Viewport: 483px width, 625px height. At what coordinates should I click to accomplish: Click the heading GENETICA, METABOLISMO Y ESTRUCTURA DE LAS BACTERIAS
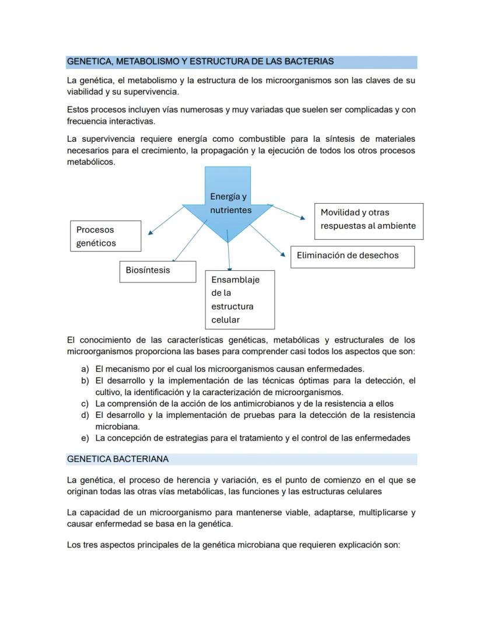(x=200, y=61)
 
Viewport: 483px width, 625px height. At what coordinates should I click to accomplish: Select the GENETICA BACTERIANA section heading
(x=118, y=459)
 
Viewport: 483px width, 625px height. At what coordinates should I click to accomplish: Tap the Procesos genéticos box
(x=105, y=236)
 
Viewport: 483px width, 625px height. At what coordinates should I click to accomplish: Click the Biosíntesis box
(x=156, y=271)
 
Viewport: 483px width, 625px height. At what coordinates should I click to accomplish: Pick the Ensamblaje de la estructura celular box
(x=239, y=299)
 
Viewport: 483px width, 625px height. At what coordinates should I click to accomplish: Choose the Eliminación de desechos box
(x=352, y=256)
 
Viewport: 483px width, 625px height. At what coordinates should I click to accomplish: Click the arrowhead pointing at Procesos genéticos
(x=150, y=232)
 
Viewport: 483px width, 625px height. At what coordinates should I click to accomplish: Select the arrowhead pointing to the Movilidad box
(x=302, y=218)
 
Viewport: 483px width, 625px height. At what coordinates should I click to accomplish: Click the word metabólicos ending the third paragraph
(x=90, y=162)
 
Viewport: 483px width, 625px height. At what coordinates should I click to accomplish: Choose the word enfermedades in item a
(x=336, y=369)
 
